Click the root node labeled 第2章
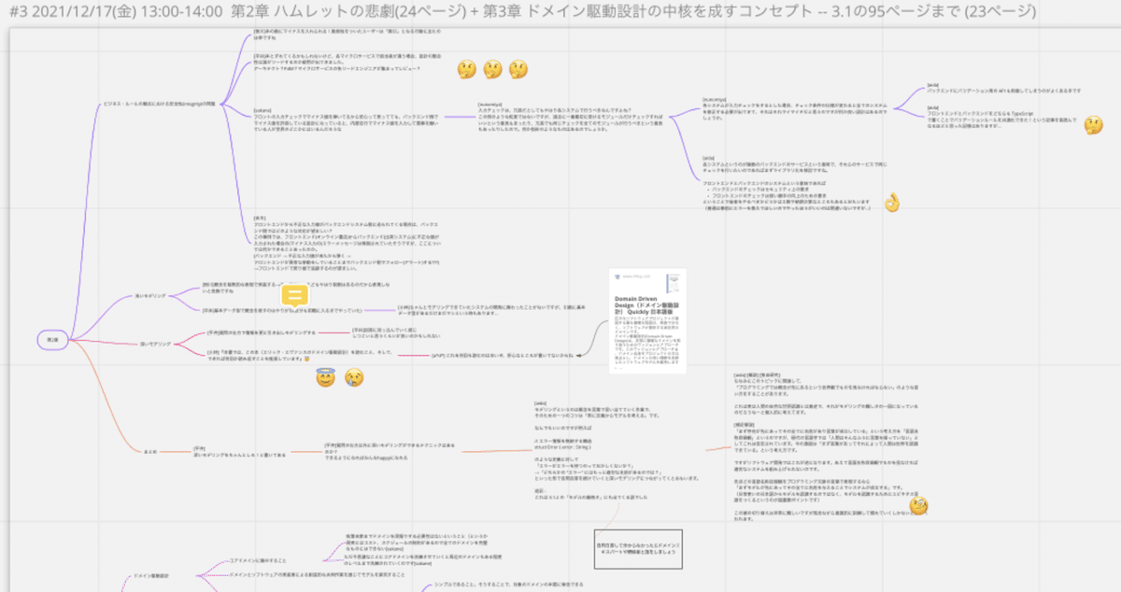[53, 340]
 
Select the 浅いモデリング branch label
[151, 295]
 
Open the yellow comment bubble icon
[295, 297]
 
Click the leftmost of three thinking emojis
[467, 70]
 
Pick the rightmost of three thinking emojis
[518, 70]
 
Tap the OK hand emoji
[891, 203]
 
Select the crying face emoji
[353, 377]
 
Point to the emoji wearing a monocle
[919, 505]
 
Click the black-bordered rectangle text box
[639, 548]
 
